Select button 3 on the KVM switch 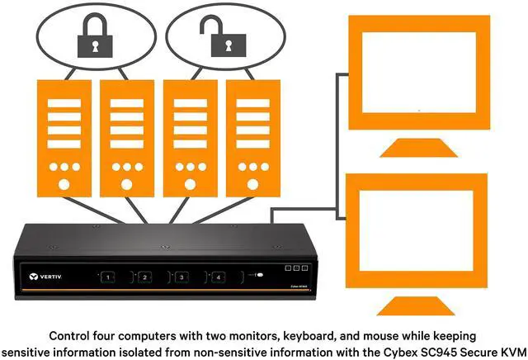coord(180,277)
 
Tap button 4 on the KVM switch coord(218,277)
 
